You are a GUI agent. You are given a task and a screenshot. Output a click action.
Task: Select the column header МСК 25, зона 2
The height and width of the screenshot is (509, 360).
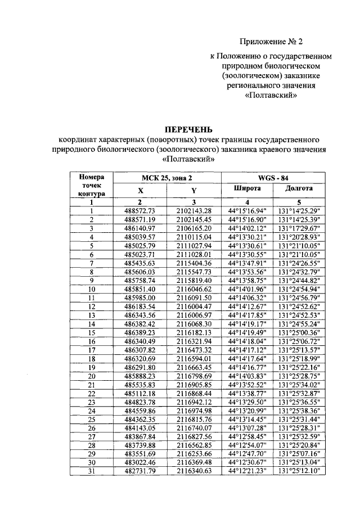pyautogui.click(x=166, y=177)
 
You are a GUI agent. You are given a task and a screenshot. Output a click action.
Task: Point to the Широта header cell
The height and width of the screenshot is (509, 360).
pyautogui.click(x=247, y=190)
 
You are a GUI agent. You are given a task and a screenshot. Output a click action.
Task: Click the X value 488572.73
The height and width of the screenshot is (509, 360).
pyautogui.click(x=139, y=211)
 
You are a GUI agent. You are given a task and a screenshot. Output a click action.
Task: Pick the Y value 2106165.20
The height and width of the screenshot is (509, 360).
pyautogui.click(x=193, y=228)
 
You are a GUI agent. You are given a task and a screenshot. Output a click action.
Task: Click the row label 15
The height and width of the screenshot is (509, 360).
pyautogui.click(x=91, y=332)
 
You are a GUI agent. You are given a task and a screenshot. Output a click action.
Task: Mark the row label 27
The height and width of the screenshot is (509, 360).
pyautogui.click(x=91, y=436)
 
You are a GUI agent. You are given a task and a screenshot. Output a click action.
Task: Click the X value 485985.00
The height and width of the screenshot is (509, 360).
pyautogui.click(x=139, y=298)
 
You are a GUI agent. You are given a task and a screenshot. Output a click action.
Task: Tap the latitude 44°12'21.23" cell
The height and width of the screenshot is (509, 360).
pyautogui.click(x=247, y=471)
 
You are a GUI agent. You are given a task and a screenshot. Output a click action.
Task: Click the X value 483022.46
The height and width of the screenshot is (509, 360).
pyautogui.click(x=139, y=462)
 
